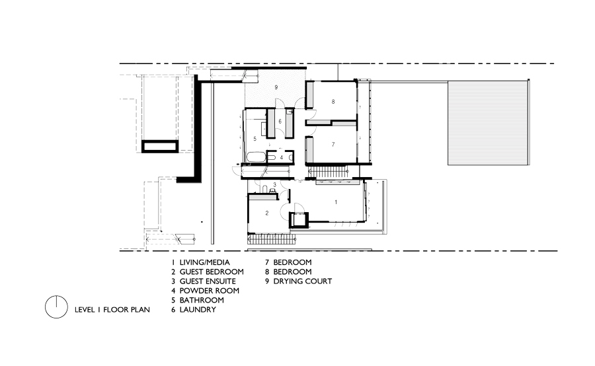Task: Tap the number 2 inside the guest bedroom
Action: click(266, 213)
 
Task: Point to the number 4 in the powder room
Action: click(281, 157)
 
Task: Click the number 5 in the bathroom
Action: click(255, 139)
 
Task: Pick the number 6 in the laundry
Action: click(280, 122)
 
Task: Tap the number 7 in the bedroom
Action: click(333, 143)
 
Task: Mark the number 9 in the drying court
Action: click(276, 88)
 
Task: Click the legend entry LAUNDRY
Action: click(198, 309)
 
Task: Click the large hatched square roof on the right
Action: click(489, 123)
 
